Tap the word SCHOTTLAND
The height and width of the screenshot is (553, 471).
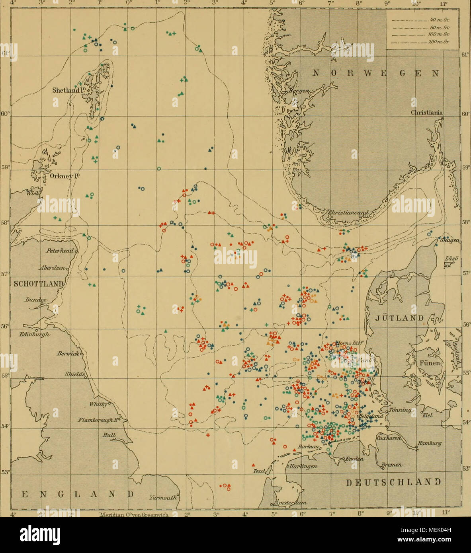(39, 283)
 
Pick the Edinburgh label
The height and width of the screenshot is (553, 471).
(35, 335)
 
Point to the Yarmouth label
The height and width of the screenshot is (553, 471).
(163, 497)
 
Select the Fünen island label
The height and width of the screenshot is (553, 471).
(430, 363)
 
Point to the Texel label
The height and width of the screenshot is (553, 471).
(259, 471)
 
